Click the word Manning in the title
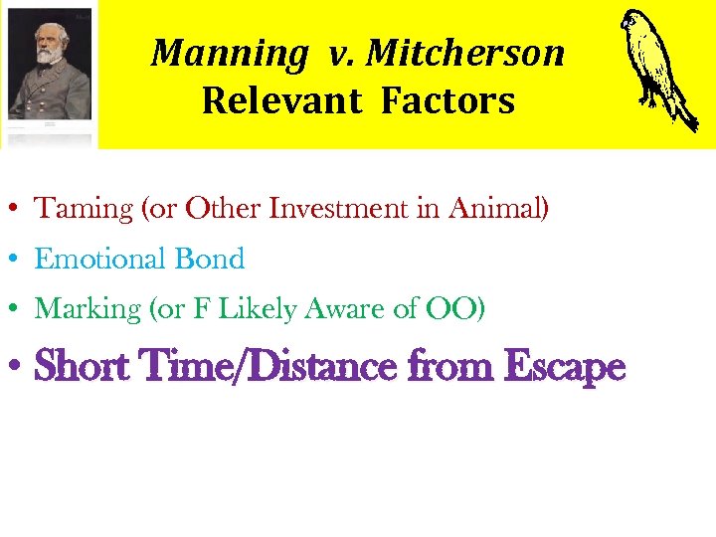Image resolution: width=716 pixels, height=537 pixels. pyautogui.click(x=230, y=54)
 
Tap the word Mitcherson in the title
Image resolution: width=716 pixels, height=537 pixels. pyautogui.click(x=465, y=54)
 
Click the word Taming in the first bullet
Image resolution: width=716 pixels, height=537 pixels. pyautogui.click(x=85, y=209)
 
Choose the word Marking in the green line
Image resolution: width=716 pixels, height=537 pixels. pyautogui.click(x=89, y=309)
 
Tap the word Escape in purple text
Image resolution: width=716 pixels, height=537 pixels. pyautogui.click(x=564, y=367)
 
